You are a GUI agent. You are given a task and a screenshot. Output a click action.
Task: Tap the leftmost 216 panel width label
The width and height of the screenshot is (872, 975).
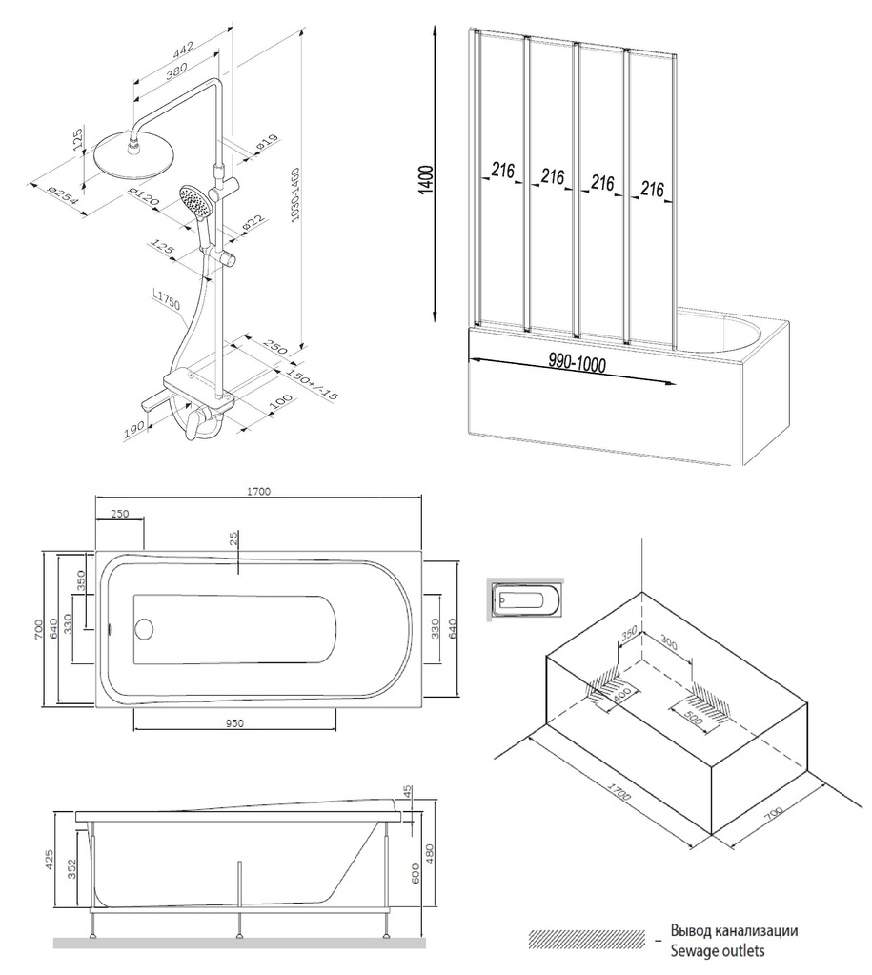click(x=503, y=171)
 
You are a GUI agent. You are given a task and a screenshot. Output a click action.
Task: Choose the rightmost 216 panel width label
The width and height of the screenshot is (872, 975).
click(x=652, y=189)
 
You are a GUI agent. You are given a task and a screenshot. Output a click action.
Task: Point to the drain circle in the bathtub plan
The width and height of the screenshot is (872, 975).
click(x=145, y=629)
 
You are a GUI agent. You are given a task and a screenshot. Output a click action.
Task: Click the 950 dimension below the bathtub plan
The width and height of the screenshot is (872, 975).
click(x=234, y=722)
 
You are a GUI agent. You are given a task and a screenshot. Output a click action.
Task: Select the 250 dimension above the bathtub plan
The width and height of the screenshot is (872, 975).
click(x=119, y=514)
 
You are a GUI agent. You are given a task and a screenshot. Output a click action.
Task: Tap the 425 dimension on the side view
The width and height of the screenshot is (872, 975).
click(x=58, y=860)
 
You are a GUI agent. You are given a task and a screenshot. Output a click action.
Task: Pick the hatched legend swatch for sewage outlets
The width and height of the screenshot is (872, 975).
click(x=586, y=939)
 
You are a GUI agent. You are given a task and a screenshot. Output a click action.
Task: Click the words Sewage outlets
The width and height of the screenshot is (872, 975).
click(x=717, y=950)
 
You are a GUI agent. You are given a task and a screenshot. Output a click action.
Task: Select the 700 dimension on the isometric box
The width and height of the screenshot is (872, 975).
click(x=772, y=813)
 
